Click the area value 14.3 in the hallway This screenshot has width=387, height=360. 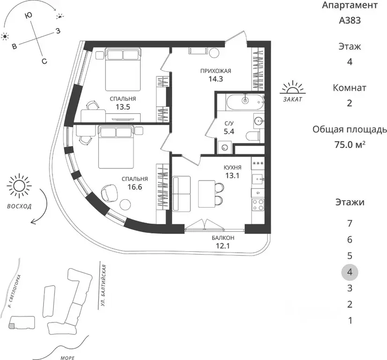[216, 79]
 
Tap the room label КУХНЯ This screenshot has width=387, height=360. [233, 167]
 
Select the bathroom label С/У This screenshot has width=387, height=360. [229, 123]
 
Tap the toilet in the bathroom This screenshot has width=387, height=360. [253, 136]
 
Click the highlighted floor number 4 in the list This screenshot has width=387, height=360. [350, 272]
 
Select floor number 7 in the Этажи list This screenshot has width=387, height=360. [350, 223]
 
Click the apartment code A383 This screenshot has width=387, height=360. [350, 20]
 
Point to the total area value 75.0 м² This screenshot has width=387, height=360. [350, 144]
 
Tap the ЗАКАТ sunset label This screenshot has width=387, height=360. [293, 100]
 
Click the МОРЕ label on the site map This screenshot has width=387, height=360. [67, 357]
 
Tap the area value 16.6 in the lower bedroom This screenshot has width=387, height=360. [135, 187]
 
